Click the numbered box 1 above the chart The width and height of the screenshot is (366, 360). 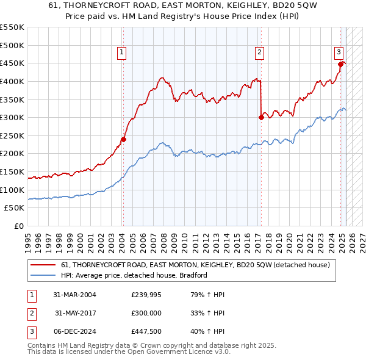(122, 53)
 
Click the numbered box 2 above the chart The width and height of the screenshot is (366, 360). (260, 53)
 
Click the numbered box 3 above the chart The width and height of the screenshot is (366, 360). (339, 53)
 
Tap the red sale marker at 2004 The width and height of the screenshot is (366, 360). (123, 139)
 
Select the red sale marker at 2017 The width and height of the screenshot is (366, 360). (261, 117)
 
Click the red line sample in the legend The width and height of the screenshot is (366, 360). (43, 265)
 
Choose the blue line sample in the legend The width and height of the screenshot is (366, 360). (43, 275)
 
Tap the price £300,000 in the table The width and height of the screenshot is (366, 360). (146, 313)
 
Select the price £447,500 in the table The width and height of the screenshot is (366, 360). (146, 331)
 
